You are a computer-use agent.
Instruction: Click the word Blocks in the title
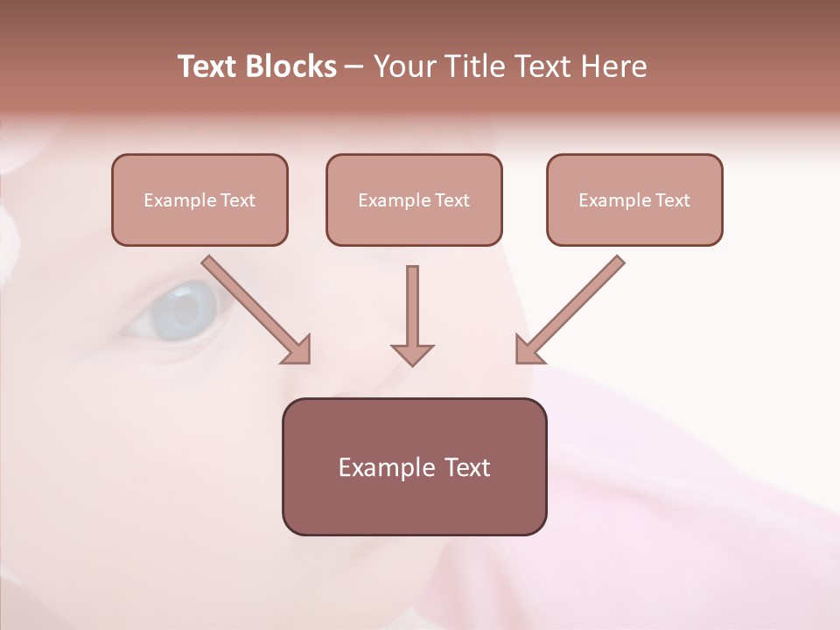coord(290,66)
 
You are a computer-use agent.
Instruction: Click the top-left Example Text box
coord(199,199)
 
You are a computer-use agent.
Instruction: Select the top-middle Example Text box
coord(414,199)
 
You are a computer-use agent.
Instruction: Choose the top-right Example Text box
coord(634,199)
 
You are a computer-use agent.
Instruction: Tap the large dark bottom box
coord(414,466)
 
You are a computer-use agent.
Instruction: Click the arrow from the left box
coord(254,308)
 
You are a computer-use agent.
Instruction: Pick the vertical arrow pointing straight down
coord(412,311)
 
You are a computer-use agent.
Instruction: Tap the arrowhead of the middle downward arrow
coord(412,354)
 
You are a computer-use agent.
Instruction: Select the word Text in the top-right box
coord(672,200)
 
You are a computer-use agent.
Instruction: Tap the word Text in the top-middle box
coord(451,200)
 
